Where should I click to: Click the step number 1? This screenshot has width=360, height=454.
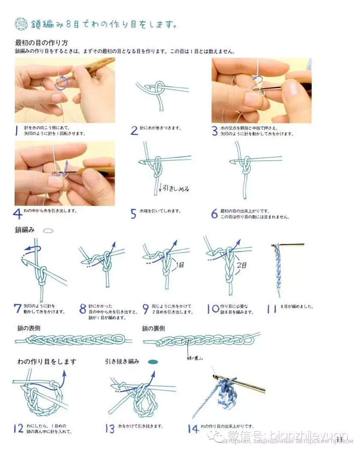click(17, 130)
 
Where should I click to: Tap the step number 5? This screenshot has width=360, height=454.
click(134, 214)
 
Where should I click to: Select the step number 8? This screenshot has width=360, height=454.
click(83, 309)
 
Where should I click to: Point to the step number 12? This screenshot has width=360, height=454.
click(18, 428)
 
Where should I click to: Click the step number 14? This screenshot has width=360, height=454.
click(193, 428)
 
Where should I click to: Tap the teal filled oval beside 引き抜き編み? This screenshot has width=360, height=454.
click(153, 361)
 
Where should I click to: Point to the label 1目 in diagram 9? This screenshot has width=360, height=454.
click(180, 265)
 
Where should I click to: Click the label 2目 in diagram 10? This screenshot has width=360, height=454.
click(242, 265)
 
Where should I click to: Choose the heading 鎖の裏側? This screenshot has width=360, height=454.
click(153, 328)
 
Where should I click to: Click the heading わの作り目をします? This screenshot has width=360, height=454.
click(47, 361)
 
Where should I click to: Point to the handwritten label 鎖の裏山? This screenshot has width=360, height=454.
click(195, 359)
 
